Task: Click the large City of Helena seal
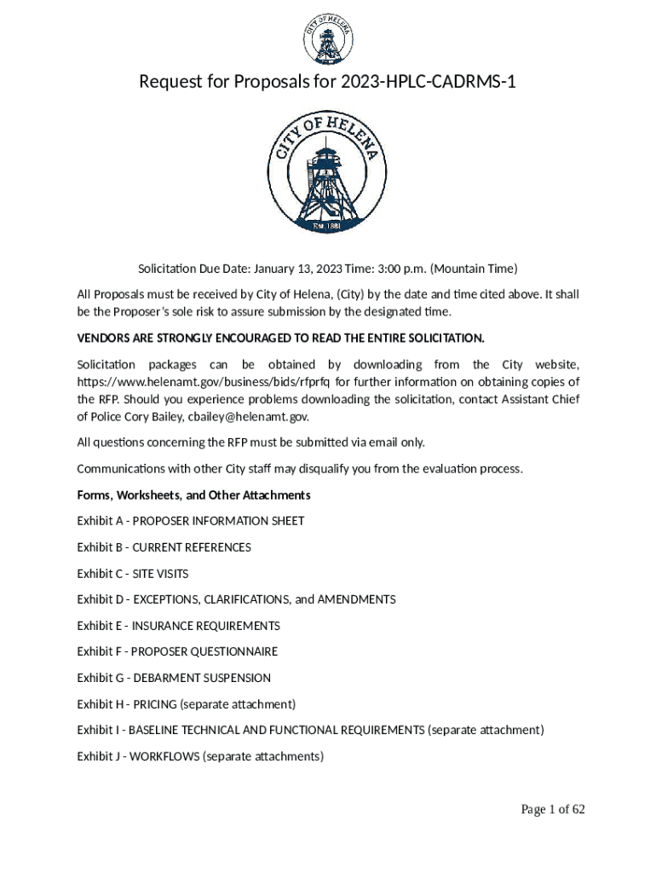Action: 328,172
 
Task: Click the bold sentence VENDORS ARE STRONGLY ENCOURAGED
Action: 280,338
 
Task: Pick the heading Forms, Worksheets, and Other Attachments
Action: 193,495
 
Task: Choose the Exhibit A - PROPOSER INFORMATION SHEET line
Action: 190,521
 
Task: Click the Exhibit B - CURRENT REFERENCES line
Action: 164,547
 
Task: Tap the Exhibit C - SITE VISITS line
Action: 133,574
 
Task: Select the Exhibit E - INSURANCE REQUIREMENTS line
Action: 178,626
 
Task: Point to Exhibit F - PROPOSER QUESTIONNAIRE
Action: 177,652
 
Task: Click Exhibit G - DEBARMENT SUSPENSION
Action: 174,679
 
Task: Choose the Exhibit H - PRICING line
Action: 186,704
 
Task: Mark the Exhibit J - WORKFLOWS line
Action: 200,756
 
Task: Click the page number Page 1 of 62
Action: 553,810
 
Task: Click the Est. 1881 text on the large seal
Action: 328,226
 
